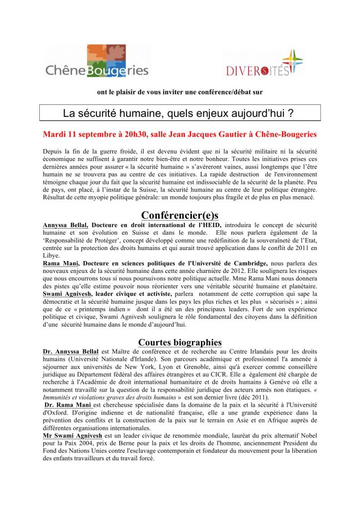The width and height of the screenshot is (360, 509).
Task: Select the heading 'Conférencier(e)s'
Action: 180,215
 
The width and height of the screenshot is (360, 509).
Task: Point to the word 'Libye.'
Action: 52,255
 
